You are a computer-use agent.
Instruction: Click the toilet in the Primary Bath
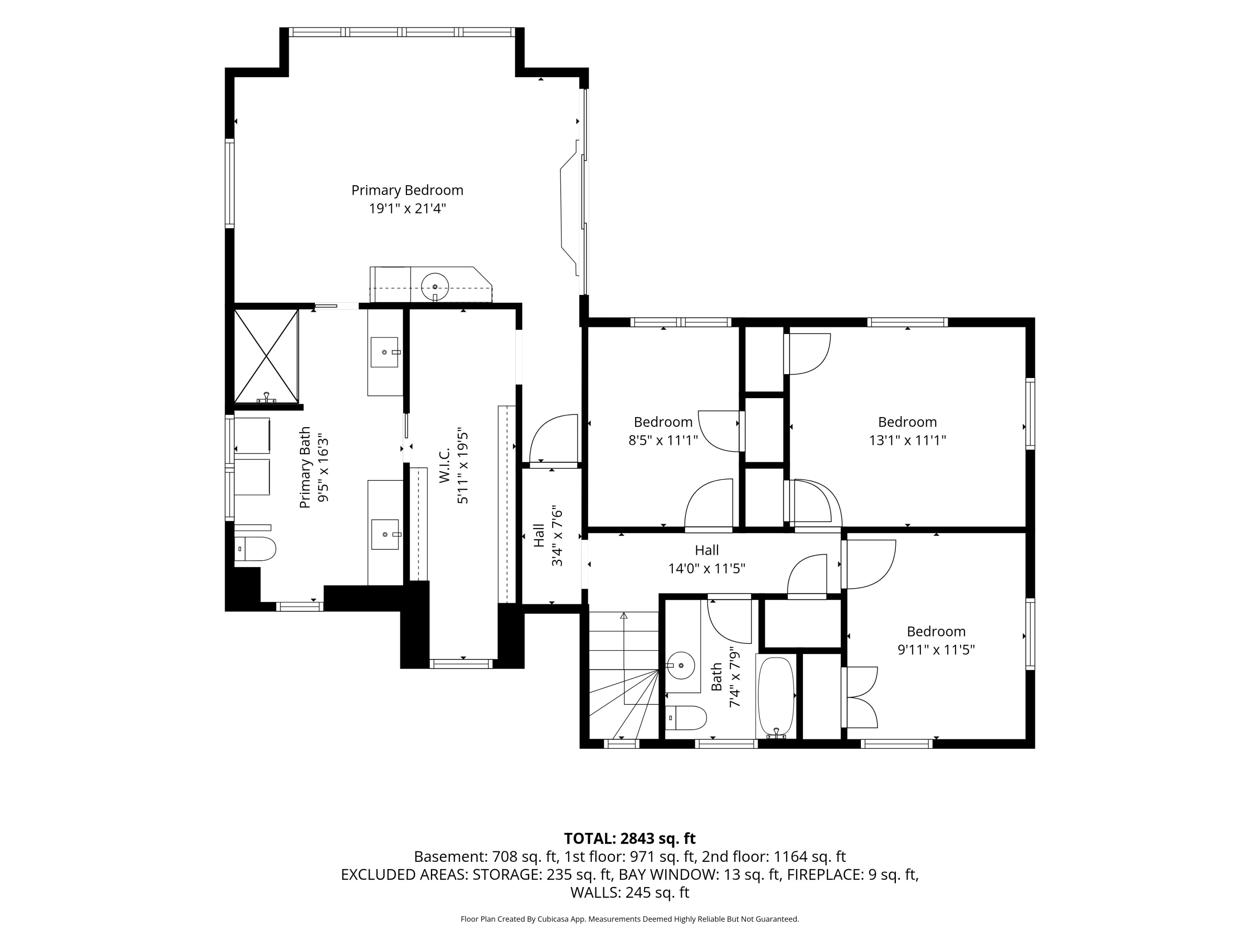click(255, 549)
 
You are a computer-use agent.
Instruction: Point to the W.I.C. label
click(445, 465)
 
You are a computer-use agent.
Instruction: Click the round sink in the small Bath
click(681, 665)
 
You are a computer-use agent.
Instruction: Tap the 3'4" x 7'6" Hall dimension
click(557, 535)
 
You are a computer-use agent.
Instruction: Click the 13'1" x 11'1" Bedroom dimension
click(907, 440)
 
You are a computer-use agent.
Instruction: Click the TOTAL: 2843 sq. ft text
click(630, 838)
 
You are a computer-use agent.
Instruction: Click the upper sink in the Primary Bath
click(384, 352)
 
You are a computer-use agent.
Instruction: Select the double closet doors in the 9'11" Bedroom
click(860, 697)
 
